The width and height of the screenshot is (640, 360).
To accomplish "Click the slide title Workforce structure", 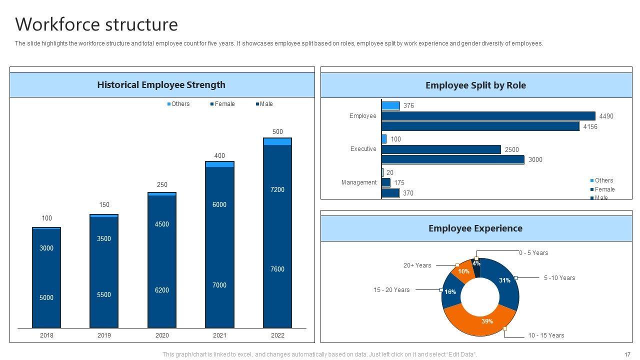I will tap(96, 24).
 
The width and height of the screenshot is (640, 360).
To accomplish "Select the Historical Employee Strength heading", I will tap(161, 85).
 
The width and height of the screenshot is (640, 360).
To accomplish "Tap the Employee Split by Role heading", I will tap(475, 85).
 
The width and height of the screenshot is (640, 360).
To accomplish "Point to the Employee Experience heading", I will tap(475, 228).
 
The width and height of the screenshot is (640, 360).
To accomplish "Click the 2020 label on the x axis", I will tap(162, 335).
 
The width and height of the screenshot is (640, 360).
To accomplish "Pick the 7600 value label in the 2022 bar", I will tap(277, 269).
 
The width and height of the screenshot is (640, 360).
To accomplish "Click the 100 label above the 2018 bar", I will tap(46, 218).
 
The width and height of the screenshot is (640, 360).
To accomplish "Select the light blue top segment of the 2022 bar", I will tap(277, 141).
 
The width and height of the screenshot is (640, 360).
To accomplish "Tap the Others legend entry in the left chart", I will tap(178, 104).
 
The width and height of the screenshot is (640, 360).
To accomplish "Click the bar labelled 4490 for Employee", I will tap(488, 116).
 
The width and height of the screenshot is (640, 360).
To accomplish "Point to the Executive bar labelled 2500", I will tap(441, 149).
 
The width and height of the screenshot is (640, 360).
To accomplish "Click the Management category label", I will tap(359, 182).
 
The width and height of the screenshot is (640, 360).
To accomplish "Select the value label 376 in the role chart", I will tap(408, 106).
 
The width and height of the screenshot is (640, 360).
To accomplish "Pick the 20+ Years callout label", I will tap(417, 265).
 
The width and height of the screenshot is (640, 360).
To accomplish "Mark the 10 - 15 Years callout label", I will tap(546, 335).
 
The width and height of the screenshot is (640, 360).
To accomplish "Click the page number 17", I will tap(627, 354).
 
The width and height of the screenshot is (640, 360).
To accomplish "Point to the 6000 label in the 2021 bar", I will tap(219, 204).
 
